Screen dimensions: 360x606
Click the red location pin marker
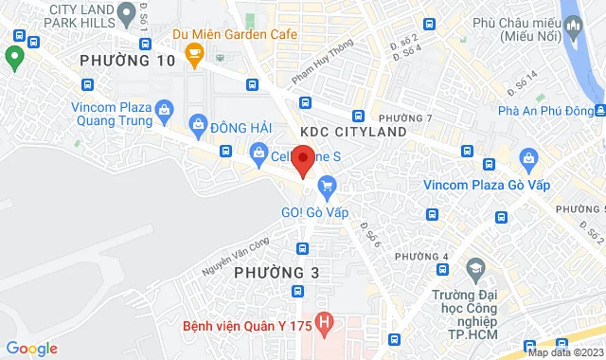point(303,159)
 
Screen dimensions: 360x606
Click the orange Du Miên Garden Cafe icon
point(194,52)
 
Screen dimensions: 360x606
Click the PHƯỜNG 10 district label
point(128,61)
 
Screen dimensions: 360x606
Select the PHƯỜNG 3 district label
point(271,272)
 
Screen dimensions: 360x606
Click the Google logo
point(32,348)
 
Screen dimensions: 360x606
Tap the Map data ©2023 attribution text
point(565,352)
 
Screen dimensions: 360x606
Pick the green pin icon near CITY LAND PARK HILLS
point(13,59)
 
